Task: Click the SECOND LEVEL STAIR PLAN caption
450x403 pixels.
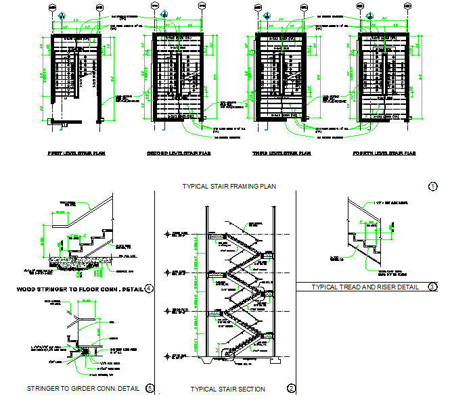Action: pyautogui.click(x=179, y=153)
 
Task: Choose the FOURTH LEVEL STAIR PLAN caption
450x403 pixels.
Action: pyautogui.click(x=384, y=153)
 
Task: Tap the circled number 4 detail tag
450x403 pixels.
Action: pyautogui.click(x=149, y=289)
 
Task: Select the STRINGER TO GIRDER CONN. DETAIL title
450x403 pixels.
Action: pyautogui.click(x=83, y=388)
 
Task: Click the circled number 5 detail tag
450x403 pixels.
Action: pyautogui.click(x=150, y=388)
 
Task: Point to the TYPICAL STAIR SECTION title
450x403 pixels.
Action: pyautogui.click(x=227, y=389)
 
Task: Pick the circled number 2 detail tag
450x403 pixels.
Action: pyautogui.click(x=291, y=388)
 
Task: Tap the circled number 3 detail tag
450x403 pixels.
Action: pyautogui.click(x=432, y=287)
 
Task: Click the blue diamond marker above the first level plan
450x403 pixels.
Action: pyautogui.click(x=62, y=16)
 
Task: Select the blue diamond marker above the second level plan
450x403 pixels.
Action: pyautogui.click(x=164, y=16)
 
